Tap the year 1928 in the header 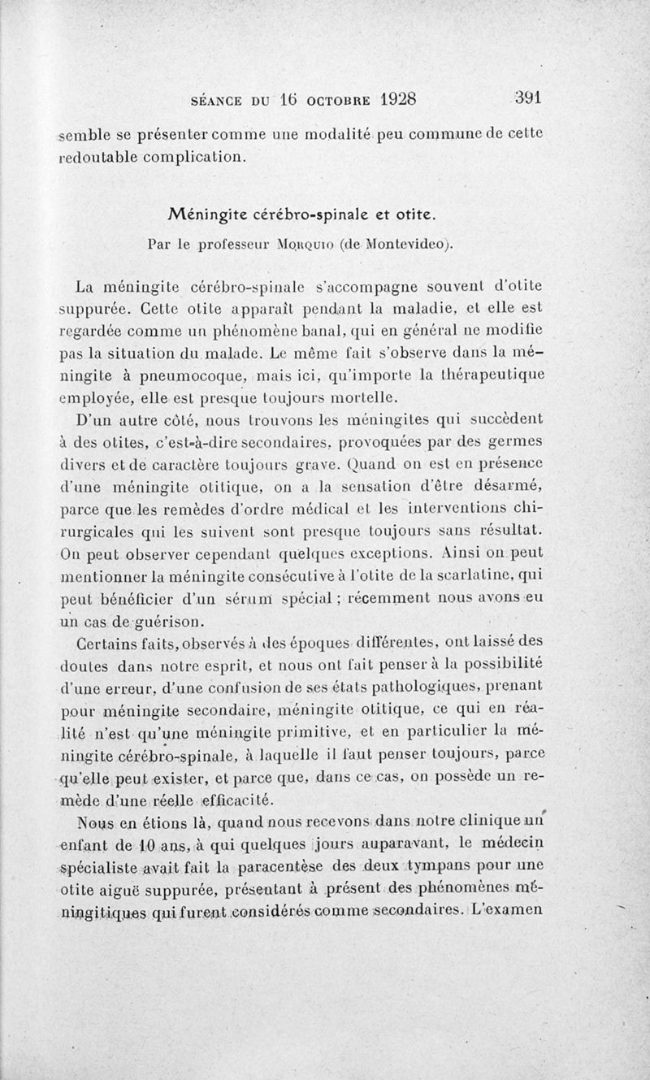pos(386,99)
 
